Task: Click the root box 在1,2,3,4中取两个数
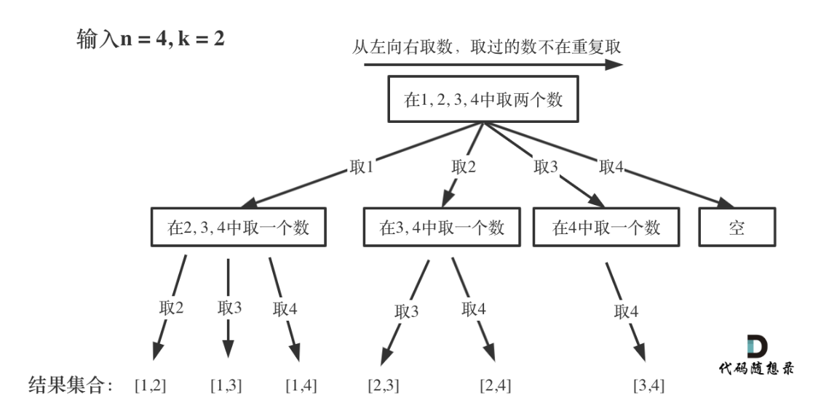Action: point(483,101)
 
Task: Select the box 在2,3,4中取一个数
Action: point(239,228)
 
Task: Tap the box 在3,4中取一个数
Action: point(442,228)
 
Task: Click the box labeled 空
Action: point(738,228)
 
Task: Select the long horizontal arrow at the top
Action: point(493,64)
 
